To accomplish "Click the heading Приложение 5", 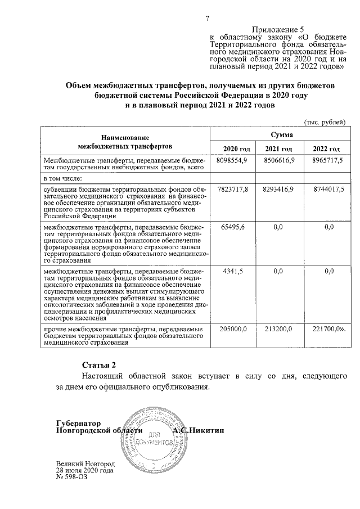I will pyautogui.click(x=278, y=29).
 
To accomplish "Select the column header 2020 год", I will pyautogui.click(x=236, y=148).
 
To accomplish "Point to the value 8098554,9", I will pyautogui.click(x=232, y=160).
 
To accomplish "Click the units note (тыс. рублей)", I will pyautogui.click(x=325, y=123).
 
